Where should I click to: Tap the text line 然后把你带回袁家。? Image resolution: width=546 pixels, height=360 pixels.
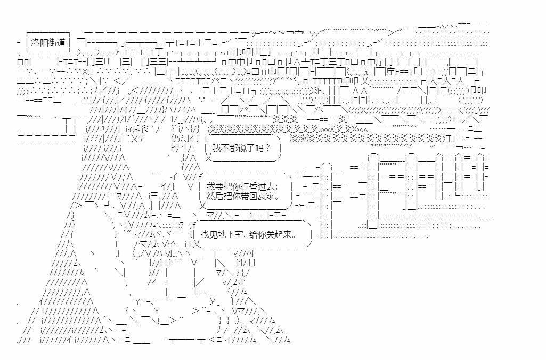click(x=242, y=196)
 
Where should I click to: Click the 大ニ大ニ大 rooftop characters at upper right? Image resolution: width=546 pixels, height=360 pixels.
click(x=446, y=81)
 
